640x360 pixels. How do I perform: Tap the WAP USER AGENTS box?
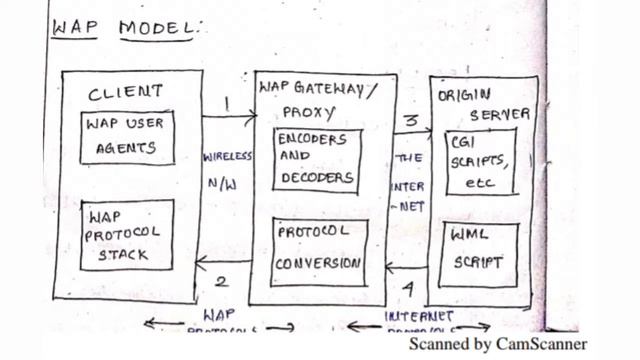tap(125, 136)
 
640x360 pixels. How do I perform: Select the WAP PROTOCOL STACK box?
tap(125, 235)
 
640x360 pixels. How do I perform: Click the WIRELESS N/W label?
tap(227, 171)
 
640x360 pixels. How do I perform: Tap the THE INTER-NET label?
tap(409, 185)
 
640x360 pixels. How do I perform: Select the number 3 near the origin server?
tap(410, 118)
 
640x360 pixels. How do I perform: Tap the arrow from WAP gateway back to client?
tap(222, 263)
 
